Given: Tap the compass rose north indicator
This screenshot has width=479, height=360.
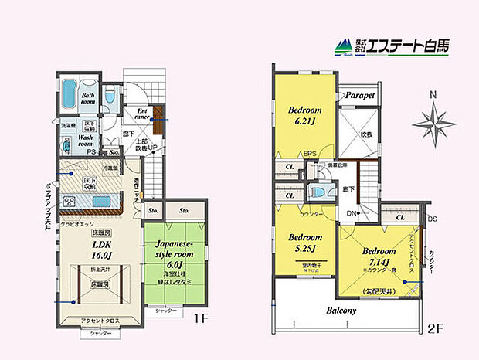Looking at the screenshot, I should coord(433,120).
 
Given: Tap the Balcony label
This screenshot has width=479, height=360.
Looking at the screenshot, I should coord(340,310).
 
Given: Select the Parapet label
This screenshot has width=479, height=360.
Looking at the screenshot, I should coord(359,95).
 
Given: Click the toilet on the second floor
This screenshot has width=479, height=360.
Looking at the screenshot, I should coord(315,194).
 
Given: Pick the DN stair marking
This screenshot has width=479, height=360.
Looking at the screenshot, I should coord(351,212).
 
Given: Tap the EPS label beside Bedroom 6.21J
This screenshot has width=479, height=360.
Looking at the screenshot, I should coord(311,153).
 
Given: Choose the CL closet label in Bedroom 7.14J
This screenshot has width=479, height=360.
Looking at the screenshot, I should coord(399,219).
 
